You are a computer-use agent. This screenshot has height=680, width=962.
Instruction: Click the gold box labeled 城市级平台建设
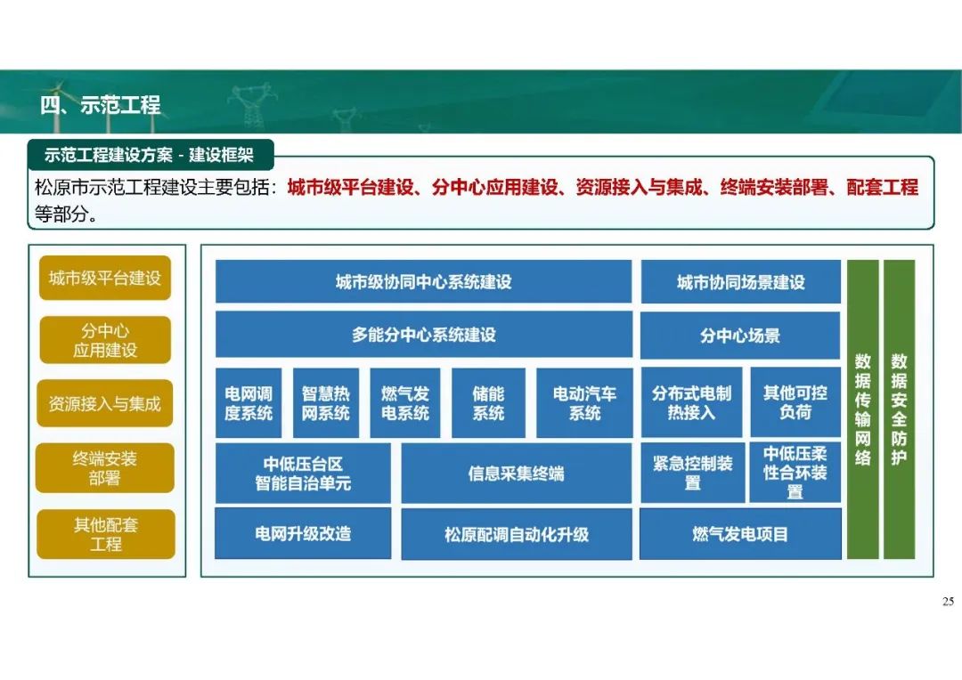click(x=105, y=278)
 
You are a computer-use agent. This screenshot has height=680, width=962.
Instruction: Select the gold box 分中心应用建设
click(x=105, y=340)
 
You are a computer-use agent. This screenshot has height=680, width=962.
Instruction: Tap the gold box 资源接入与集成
click(x=105, y=403)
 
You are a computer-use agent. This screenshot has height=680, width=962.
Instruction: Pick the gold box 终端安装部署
click(x=105, y=468)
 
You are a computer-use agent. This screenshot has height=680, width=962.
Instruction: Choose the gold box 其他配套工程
click(x=105, y=534)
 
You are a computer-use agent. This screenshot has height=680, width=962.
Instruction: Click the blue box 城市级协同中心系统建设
click(x=423, y=281)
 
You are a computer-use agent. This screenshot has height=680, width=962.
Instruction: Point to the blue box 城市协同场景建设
click(x=740, y=282)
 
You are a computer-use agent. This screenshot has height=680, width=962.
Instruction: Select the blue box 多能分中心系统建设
click(x=423, y=335)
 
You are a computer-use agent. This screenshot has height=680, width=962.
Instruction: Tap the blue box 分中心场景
click(x=740, y=336)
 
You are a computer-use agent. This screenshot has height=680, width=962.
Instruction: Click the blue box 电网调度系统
click(x=249, y=403)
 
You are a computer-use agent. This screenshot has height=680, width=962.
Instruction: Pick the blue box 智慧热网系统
click(x=326, y=403)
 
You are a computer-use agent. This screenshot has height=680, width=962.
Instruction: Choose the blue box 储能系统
click(x=488, y=403)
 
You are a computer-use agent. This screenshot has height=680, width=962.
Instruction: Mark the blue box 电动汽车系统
click(x=584, y=403)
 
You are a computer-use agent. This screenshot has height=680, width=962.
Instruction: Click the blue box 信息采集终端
click(x=517, y=474)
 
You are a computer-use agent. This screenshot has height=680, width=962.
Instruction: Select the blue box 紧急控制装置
click(x=693, y=473)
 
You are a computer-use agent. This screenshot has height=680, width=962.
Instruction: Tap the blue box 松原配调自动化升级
click(x=517, y=534)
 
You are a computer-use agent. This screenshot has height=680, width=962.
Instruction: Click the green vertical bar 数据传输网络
click(x=863, y=409)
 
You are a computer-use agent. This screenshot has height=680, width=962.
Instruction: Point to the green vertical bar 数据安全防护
click(x=900, y=409)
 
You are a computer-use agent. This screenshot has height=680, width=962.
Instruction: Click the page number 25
click(x=948, y=602)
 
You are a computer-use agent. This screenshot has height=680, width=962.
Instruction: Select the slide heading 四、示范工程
click(x=101, y=105)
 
